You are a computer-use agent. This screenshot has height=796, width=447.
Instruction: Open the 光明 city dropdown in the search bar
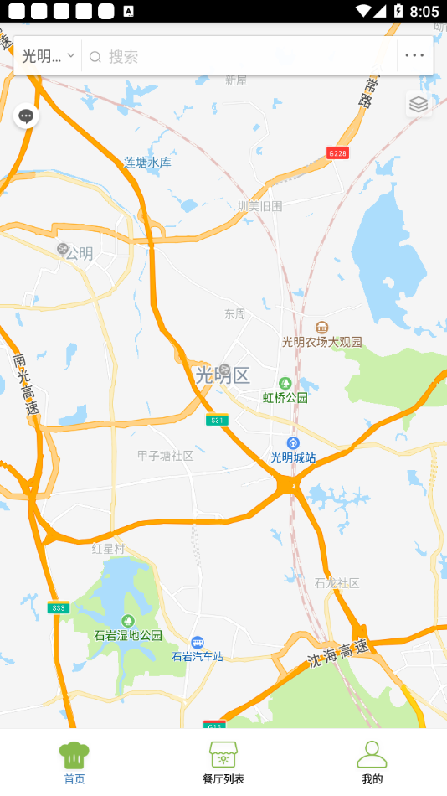48,56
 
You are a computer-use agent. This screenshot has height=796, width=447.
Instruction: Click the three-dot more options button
414,56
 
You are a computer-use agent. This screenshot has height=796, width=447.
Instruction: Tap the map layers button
419,104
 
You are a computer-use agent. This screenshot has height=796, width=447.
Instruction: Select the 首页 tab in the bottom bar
74,762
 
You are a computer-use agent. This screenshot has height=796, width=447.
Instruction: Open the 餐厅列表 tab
223,762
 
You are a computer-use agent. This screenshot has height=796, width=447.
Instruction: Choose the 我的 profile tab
372,762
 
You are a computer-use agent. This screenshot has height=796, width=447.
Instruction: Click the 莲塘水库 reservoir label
147,163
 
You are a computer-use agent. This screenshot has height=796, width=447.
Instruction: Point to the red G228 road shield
337,153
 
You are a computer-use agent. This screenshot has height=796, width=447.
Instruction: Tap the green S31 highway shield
217,420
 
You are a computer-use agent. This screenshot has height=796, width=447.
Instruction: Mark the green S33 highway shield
58,608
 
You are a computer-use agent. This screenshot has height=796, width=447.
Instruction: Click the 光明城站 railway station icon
293,442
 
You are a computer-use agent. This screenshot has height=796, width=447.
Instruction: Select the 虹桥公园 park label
285,397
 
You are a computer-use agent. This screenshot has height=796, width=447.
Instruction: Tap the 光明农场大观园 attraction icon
322,327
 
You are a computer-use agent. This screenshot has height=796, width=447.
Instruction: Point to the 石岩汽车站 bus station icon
198,642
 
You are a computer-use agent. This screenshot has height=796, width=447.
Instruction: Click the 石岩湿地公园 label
128,635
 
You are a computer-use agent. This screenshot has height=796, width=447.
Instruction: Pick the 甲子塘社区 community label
166,456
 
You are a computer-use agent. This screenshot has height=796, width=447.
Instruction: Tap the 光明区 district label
223,375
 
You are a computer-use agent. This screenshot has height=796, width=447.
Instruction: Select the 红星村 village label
108,549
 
